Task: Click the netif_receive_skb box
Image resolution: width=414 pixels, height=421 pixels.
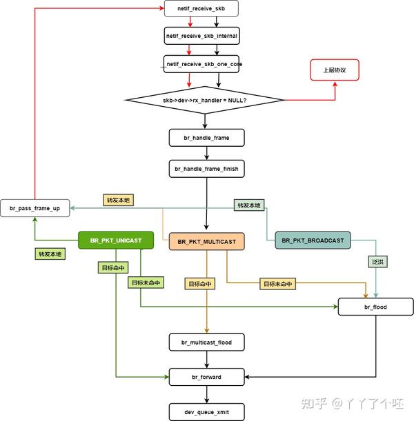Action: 201,9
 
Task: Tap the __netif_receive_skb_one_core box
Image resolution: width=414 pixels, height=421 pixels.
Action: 201,64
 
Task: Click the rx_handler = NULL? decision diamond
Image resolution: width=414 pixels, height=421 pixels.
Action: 205,101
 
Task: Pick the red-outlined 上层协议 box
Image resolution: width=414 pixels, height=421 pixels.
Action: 334,70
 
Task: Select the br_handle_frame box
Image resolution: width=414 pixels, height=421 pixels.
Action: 207,137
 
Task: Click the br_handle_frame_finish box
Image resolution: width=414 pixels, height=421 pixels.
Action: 207,168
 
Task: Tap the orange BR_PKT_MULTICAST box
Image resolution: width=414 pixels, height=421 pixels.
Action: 206,242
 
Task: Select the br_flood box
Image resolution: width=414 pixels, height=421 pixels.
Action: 375,307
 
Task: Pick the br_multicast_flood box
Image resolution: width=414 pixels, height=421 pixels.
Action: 207,342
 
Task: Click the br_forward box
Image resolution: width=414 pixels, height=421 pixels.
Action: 207,377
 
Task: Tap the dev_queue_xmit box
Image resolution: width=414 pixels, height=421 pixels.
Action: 207,412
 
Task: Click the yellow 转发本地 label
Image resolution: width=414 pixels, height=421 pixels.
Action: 117,200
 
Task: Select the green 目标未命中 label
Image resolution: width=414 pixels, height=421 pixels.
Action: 145,283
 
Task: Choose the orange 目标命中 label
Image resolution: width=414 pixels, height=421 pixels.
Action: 199,283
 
